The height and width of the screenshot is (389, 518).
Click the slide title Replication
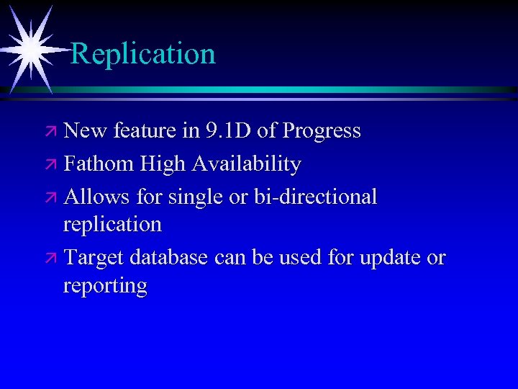(143, 53)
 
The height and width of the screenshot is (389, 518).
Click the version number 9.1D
(230, 131)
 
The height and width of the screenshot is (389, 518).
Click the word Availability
(246, 164)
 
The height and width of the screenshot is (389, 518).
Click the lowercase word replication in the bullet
(112, 225)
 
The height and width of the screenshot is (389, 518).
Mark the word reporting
(105, 286)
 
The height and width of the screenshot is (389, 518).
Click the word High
(163, 164)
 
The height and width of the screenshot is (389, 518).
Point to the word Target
(92, 257)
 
